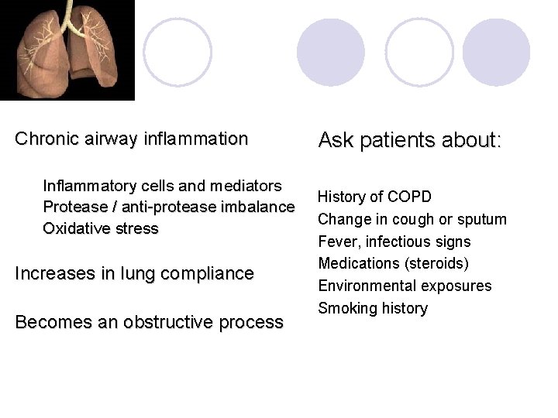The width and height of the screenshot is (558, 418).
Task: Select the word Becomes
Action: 50,323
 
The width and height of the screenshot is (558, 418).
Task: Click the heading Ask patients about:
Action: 410,141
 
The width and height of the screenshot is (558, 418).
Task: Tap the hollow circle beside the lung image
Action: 177,52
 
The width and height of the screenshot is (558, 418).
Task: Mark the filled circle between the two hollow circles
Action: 331,52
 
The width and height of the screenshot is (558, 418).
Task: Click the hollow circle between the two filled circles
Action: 419,52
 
